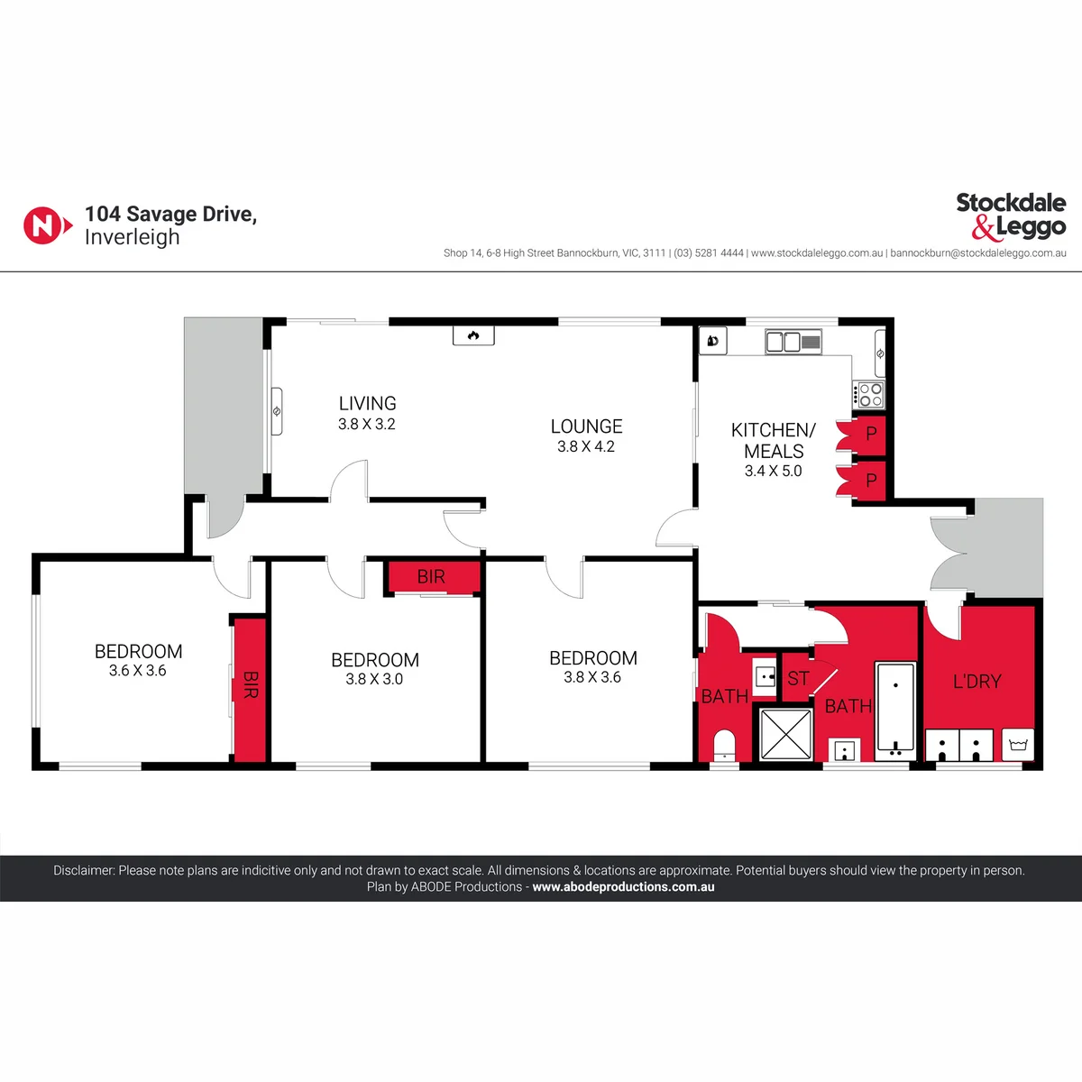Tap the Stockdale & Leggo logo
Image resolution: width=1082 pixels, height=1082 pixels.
click(1011, 216)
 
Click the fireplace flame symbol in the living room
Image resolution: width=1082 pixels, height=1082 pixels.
click(473, 335)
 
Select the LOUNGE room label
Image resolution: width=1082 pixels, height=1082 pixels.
click(586, 426)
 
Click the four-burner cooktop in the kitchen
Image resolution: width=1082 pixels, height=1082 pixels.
click(868, 394)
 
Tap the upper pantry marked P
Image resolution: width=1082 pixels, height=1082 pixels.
click(868, 433)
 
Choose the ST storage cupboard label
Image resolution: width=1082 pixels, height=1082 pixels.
click(798, 678)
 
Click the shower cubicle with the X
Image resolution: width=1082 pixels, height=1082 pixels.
click(785, 734)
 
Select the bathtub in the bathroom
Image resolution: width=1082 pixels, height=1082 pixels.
click(895, 711)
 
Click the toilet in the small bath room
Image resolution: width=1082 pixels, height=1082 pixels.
click(724, 745)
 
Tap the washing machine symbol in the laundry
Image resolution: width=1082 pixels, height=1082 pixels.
click(1018, 745)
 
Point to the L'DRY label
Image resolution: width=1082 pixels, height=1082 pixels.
click(977, 682)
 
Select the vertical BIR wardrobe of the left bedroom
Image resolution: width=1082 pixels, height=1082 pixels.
click(250, 690)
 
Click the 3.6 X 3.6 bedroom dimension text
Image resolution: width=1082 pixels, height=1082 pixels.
click(138, 671)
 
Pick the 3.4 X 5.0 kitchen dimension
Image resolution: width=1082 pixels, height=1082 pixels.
click(773, 471)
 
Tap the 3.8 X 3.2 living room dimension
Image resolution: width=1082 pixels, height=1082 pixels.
click(367, 424)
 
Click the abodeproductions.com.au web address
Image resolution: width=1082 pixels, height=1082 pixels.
click(623, 886)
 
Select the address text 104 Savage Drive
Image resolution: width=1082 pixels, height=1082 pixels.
click(170, 214)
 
